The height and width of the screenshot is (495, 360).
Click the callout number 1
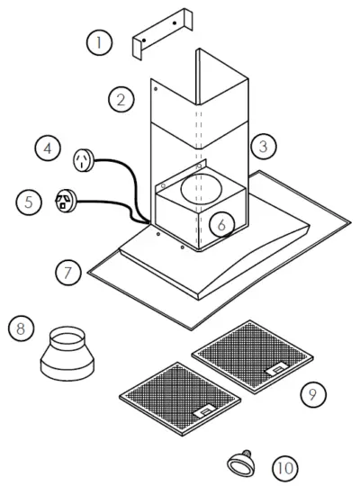pos(100,41)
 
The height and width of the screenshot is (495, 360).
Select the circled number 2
pos(120,99)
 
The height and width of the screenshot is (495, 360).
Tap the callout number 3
pos(262,144)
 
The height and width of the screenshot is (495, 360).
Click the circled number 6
pos(221,222)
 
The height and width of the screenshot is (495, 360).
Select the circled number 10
pos(283,469)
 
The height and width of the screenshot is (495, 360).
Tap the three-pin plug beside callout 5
pos(67,201)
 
